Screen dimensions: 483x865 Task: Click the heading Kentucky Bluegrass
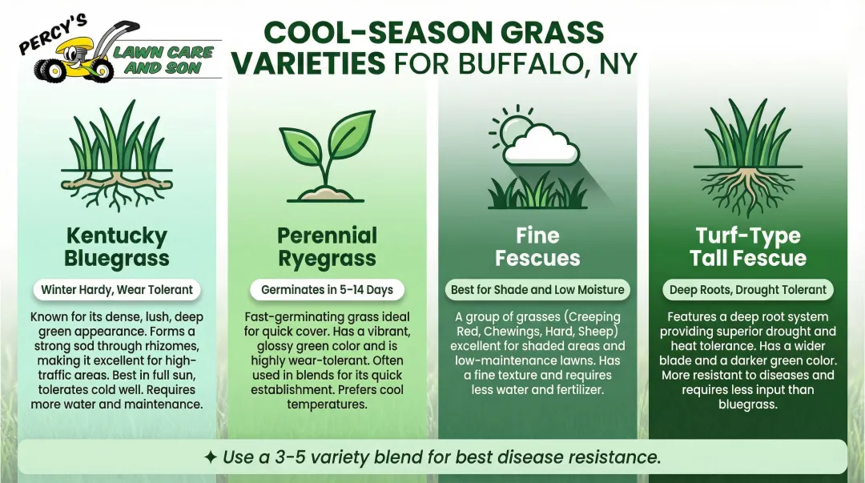coord(117,247)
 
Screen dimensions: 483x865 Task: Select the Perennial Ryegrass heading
coord(327,247)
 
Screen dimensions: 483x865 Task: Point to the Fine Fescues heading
coord(537,247)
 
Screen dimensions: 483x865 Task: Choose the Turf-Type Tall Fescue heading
coord(748,247)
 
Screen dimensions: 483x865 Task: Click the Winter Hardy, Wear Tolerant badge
coord(117,289)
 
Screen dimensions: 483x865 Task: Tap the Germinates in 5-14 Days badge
coord(327,289)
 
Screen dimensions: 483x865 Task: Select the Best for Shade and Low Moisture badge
coord(537,289)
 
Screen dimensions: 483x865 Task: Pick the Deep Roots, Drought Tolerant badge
coord(748,289)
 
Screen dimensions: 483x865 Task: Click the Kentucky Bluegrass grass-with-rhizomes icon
coord(117,160)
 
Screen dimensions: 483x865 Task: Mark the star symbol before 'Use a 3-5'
coord(210,457)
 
